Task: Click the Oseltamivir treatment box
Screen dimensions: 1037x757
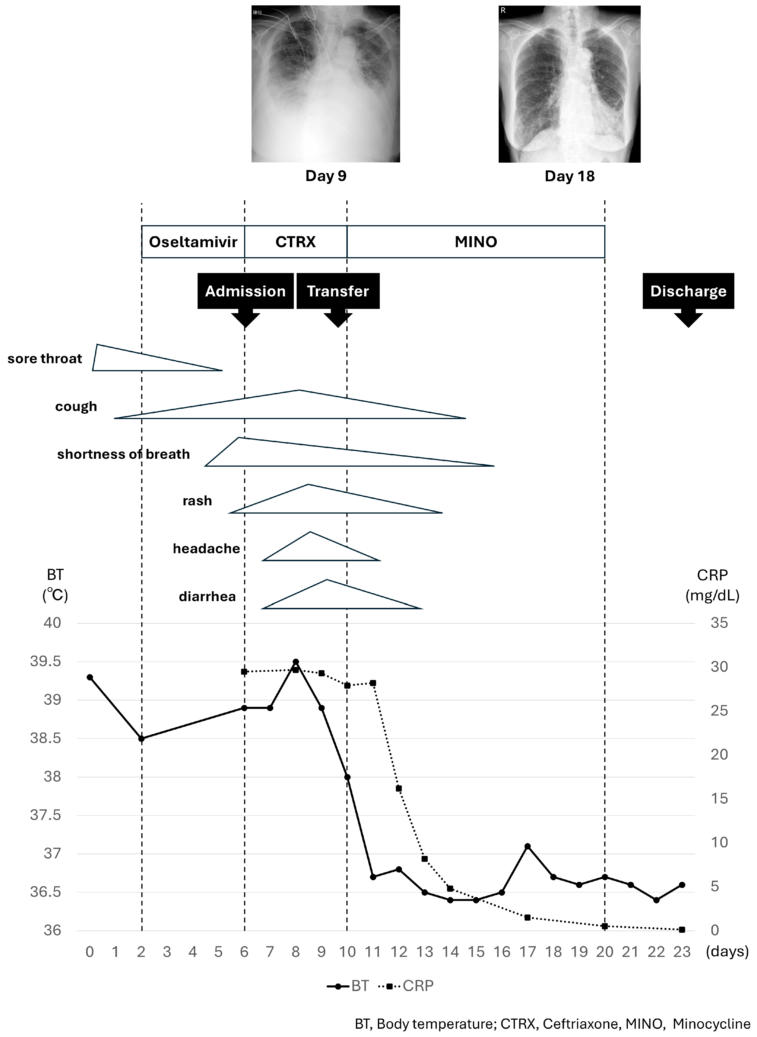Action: pyautogui.click(x=193, y=242)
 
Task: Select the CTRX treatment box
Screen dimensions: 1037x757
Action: pyautogui.click(x=295, y=242)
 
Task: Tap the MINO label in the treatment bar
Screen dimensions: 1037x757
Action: pyautogui.click(x=476, y=242)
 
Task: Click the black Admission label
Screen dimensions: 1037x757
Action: pyautogui.click(x=245, y=291)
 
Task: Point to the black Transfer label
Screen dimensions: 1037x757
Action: pyautogui.click(x=338, y=291)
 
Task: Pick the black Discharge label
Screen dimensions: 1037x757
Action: pyautogui.click(x=688, y=291)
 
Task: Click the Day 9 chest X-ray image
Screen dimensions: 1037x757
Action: pyautogui.click(x=326, y=84)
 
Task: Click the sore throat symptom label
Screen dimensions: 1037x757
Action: pyautogui.click(x=44, y=358)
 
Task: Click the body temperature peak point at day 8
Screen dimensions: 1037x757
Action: pyautogui.click(x=295, y=662)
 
